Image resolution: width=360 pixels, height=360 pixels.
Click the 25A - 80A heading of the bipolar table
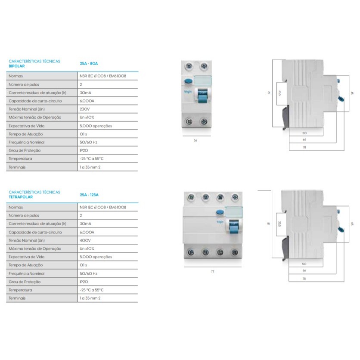[89, 64]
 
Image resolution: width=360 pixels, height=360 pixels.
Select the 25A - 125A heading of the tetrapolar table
[89, 195]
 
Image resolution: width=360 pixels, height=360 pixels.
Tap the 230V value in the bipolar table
[85, 109]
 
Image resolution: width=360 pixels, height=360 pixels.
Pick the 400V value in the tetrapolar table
[85, 240]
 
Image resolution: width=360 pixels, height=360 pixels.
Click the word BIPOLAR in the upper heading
[16, 66]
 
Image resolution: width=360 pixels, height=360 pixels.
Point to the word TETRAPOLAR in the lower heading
[21, 197]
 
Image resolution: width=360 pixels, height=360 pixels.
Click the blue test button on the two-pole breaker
[188, 81]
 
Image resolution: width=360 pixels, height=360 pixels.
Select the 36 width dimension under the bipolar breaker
[196, 140]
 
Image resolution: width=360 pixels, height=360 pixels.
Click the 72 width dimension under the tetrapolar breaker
[213, 271]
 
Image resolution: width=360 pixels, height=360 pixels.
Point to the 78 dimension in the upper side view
[304, 147]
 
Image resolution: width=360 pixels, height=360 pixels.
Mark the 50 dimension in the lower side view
[304, 264]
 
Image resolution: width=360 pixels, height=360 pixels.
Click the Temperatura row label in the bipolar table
[20, 158]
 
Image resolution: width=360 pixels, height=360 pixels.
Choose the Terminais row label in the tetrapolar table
[17, 298]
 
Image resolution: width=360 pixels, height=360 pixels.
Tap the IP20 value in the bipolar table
[84, 150]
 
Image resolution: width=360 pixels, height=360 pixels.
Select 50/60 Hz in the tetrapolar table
[88, 273]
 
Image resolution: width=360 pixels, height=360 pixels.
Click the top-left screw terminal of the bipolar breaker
[189, 67]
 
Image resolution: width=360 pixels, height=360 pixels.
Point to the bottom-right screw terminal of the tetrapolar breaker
[235, 252]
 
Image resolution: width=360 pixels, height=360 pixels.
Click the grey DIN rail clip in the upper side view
[286, 117]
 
